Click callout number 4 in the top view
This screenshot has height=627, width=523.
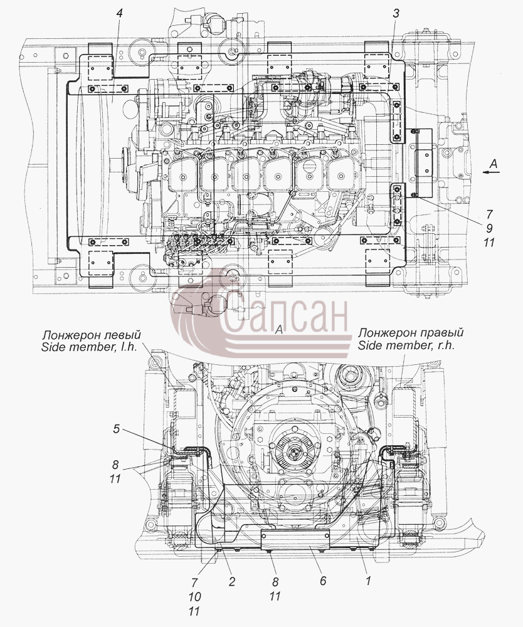pos(119,13)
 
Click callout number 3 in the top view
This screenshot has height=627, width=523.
pos(396,13)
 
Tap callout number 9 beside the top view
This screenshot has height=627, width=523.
pos(489,228)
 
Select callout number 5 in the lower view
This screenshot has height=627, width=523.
pos(116,429)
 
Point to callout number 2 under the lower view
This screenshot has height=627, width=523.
pos(232,581)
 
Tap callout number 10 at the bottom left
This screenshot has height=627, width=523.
pos(194,597)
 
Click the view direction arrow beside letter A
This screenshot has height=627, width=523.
pos(492,172)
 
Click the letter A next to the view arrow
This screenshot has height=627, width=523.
pos(494,163)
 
